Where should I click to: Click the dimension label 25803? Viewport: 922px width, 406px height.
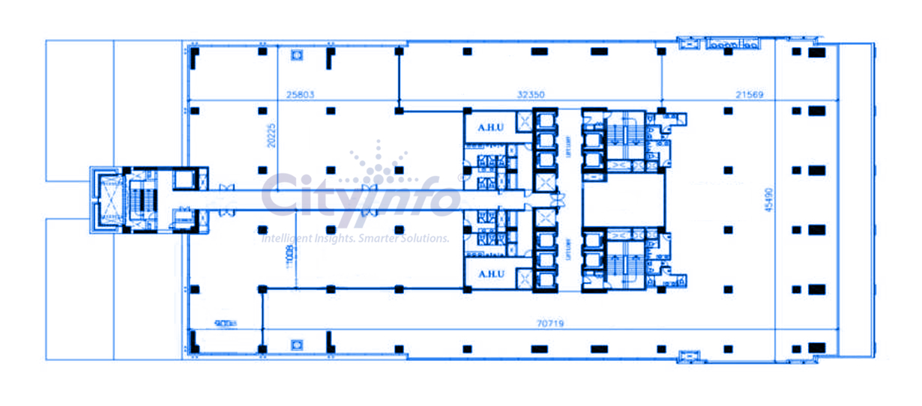pyautogui.click(x=300, y=95)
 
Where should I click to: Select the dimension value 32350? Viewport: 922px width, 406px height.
pyautogui.click(x=531, y=95)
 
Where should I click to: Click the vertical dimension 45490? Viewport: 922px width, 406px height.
pyautogui.click(x=767, y=199)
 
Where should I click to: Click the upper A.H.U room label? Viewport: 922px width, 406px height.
pyautogui.click(x=490, y=127)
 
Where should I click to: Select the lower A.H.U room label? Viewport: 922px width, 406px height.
pyautogui.click(x=490, y=274)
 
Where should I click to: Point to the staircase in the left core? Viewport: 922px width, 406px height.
pyautogui.click(x=139, y=200)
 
